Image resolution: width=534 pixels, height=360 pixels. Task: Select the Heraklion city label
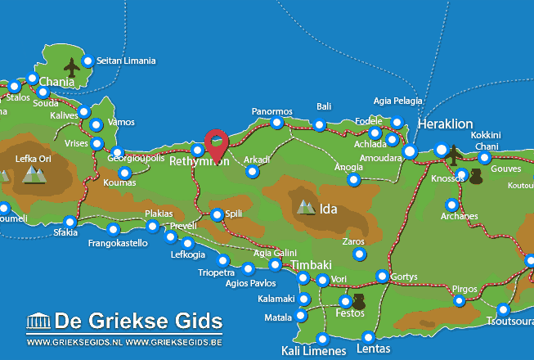(445, 124)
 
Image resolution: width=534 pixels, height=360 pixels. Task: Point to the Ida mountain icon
(307, 207)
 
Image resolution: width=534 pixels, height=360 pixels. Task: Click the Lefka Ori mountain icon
(34, 173)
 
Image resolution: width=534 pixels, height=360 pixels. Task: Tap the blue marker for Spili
(217, 215)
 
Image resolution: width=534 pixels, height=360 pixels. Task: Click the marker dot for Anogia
(353, 179)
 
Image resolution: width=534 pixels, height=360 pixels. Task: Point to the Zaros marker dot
(359, 254)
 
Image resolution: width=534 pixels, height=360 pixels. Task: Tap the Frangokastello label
(117, 243)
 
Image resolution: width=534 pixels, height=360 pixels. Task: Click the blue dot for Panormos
(277, 123)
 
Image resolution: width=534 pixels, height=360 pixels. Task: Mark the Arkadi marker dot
(253, 172)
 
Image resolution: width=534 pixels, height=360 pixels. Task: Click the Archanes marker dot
(451, 205)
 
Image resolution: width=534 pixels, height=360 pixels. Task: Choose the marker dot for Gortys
(382, 276)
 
